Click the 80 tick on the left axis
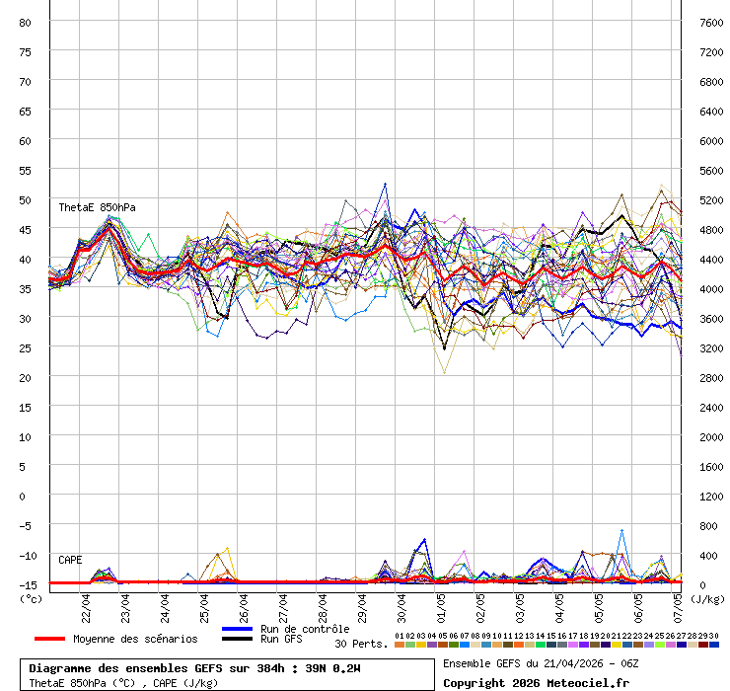[26, 22]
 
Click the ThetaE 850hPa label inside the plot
[97, 207]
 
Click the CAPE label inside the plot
[70, 560]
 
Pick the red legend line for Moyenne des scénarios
[63, 639]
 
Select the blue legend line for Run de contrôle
[238, 629]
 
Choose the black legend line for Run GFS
[238, 639]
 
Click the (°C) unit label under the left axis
[31, 598]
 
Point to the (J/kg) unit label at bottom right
[706, 598]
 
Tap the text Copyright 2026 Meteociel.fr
[535, 682]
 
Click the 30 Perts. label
[361, 644]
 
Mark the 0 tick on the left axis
[30, 496]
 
